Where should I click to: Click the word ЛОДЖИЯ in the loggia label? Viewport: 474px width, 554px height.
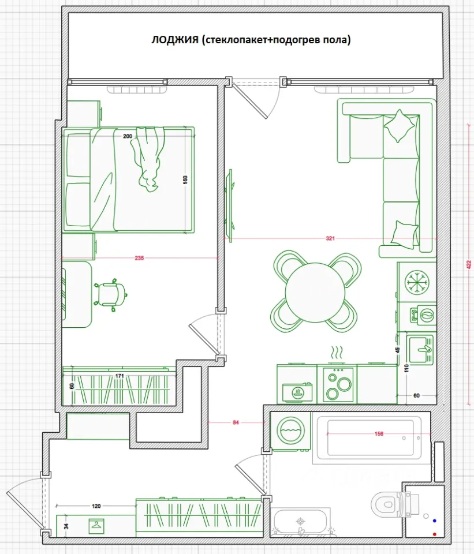[x=175, y=40]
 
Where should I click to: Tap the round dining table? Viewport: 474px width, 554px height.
[x=315, y=292]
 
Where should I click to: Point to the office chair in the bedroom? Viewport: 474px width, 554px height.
[x=111, y=295]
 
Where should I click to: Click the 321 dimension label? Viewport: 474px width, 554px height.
[x=330, y=238]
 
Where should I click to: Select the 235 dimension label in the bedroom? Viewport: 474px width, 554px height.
[x=139, y=259]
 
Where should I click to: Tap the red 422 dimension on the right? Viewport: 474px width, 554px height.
[x=469, y=265]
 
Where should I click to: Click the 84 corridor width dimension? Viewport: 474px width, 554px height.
[x=236, y=422]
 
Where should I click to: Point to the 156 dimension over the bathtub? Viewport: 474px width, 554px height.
[x=379, y=433]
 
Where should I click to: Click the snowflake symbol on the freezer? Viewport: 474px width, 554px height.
[x=416, y=282]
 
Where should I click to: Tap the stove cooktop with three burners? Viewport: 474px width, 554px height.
[x=337, y=384]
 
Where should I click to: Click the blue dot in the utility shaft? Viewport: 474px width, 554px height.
[x=434, y=521]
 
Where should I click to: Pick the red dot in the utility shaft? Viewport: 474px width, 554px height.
[x=434, y=534]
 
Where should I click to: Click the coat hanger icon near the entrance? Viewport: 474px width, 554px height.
[x=96, y=526]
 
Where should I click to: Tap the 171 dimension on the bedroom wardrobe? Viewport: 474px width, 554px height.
[x=120, y=376]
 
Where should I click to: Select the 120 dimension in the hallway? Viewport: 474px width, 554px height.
[x=96, y=506]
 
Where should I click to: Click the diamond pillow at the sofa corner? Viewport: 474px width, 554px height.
[x=399, y=126]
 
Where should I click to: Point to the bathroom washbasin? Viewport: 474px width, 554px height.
[x=300, y=523]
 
